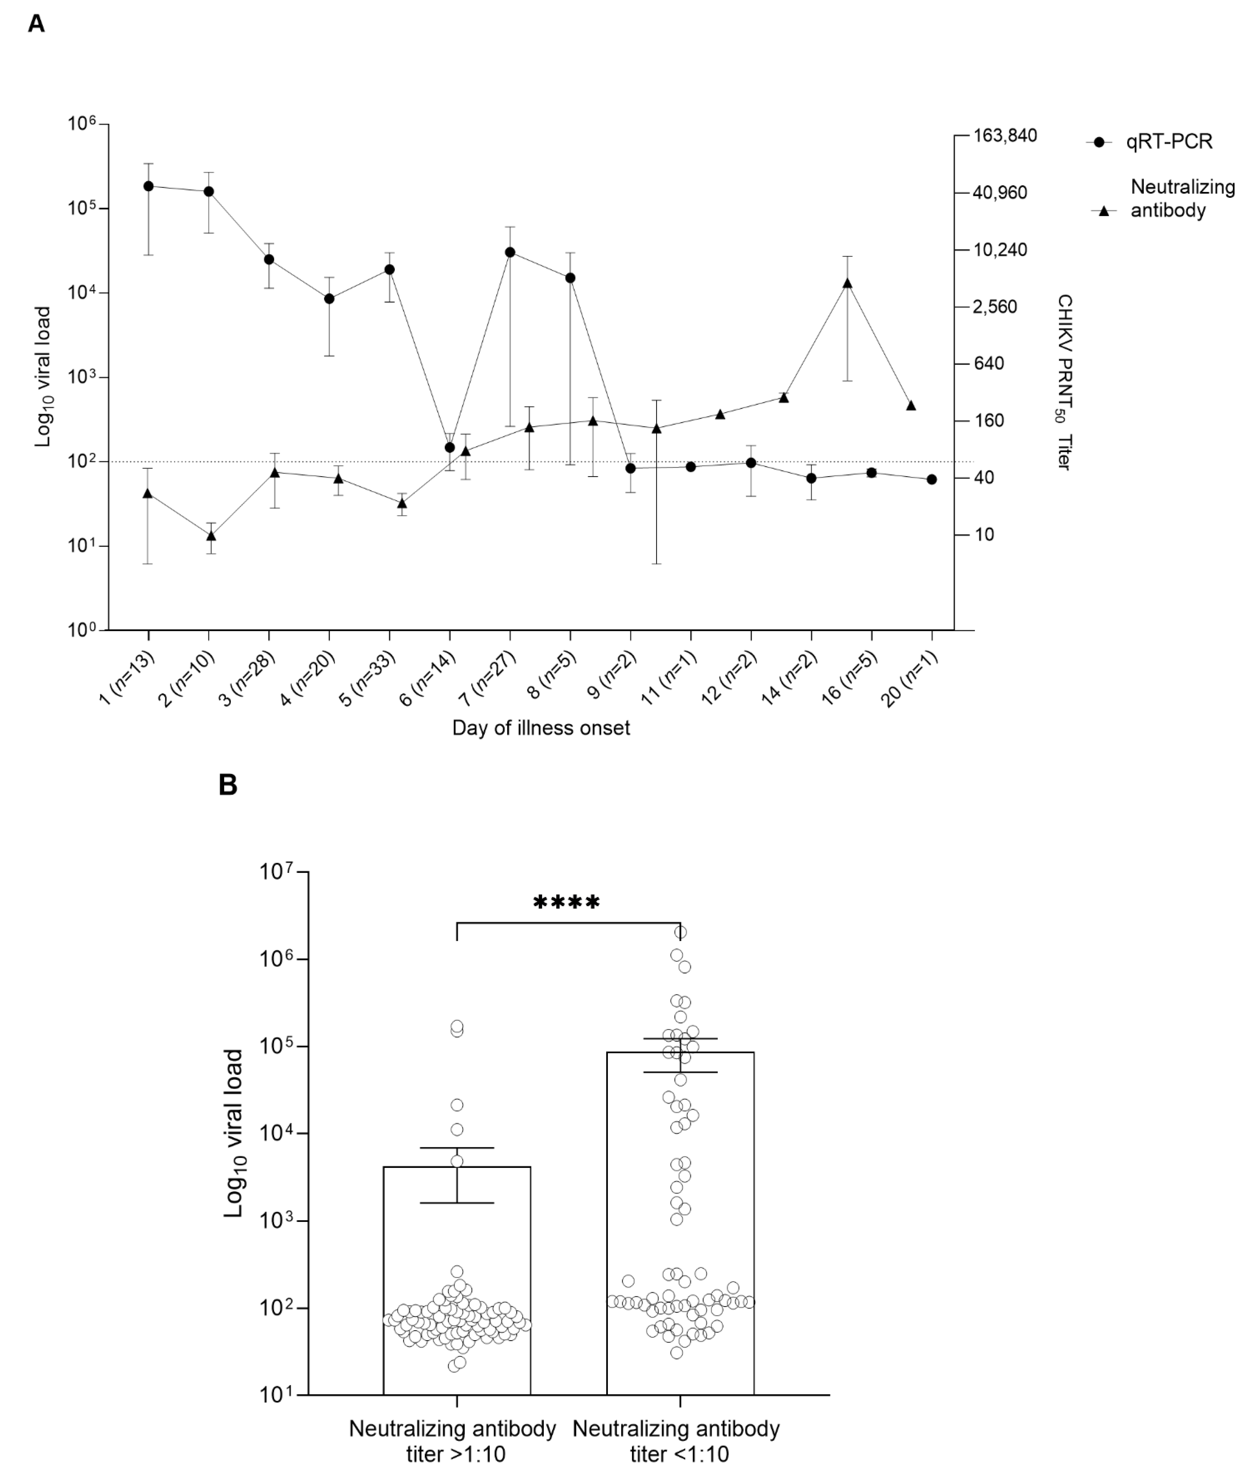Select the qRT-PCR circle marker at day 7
pyautogui.click(x=510, y=252)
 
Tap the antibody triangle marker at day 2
pyautogui.click(x=210, y=535)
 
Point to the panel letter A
pyautogui.click(x=36, y=24)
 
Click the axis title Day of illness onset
pyautogui.click(x=541, y=728)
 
